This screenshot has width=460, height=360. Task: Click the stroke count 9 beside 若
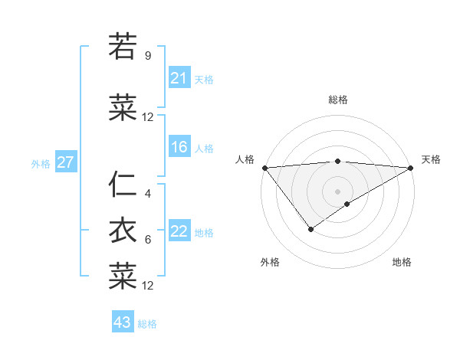coord(148,55)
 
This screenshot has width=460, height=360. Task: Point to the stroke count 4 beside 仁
coord(148,194)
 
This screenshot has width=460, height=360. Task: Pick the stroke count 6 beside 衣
coord(148,240)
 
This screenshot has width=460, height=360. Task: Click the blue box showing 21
coord(179,78)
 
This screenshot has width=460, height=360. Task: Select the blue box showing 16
coord(179,148)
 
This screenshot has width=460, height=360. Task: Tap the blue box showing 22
coord(179,232)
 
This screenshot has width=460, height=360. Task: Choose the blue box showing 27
coord(65,163)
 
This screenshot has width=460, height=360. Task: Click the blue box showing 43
coord(123,323)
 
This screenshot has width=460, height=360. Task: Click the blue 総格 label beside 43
coord(147,324)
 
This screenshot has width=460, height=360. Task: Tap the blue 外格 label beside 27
coord(41,164)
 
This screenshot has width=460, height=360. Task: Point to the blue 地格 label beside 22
coord(204,233)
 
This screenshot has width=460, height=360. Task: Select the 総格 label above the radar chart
coord(337,100)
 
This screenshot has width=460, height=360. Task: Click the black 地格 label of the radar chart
coord(402,263)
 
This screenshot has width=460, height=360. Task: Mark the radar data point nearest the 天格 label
coord(410,168)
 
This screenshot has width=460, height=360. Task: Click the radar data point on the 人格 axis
coord(264,168)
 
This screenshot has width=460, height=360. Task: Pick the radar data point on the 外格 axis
coord(310,229)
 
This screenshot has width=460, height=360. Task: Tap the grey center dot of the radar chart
coord(337,191)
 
